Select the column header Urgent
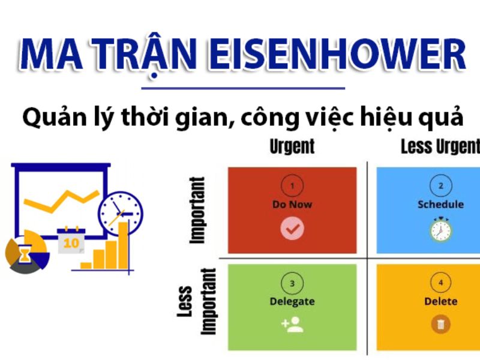(x=292, y=146)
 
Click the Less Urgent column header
(x=440, y=146)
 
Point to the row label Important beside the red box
(x=197, y=211)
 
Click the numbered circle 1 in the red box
(x=292, y=185)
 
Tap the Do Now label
(x=292, y=204)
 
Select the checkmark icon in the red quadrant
(x=292, y=228)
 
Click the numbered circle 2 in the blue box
(x=441, y=185)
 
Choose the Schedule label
(x=441, y=204)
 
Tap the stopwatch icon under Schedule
(x=441, y=229)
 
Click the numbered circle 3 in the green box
(x=292, y=283)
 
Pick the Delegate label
(x=292, y=302)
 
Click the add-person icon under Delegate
(x=292, y=325)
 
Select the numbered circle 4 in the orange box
(x=441, y=283)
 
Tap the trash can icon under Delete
(x=441, y=324)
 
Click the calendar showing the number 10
(x=71, y=241)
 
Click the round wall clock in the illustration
(x=121, y=214)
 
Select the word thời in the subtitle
(x=145, y=117)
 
